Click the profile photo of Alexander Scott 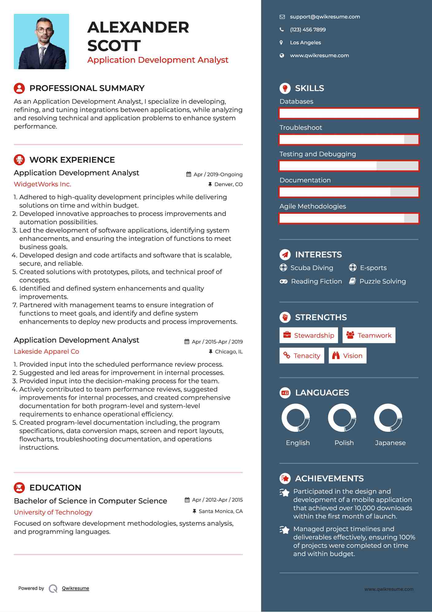point(41,42)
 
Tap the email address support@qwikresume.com point(325,17)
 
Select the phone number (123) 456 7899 point(308,30)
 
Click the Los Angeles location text point(305,43)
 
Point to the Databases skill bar point(349,113)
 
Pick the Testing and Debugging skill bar point(349,166)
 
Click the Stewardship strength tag point(309,335)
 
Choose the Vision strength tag point(348,356)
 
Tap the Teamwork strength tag point(369,335)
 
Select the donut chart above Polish point(342,418)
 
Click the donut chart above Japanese point(388,418)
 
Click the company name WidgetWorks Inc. point(42,184)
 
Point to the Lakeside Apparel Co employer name point(46,352)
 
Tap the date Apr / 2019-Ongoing point(218,174)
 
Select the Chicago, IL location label point(228,352)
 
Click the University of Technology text point(53,512)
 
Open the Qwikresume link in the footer point(76,588)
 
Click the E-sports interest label point(373,268)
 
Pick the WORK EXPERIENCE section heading point(72,160)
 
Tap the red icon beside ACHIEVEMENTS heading point(285,479)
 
